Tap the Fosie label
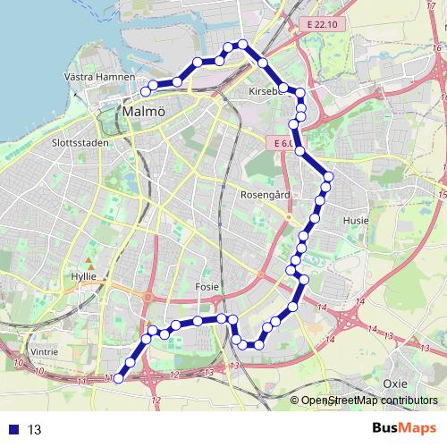pyautogui.click(x=207, y=286)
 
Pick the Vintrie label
pyautogui.click(x=44, y=352)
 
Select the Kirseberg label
pyautogui.click(x=267, y=91)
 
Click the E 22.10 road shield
pyautogui.click(x=318, y=24)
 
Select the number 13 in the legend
pyautogui.click(x=35, y=429)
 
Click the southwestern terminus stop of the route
pyautogui.click(x=118, y=379)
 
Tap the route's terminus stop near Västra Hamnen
pyautogui.click(x=146, y=89)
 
